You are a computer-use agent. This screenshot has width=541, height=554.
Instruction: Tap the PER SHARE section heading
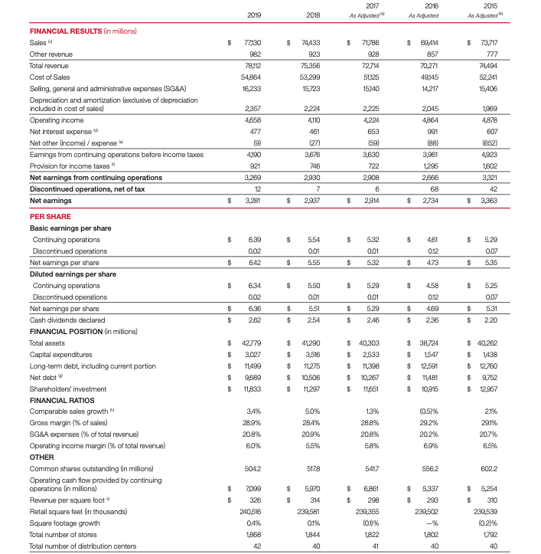51,216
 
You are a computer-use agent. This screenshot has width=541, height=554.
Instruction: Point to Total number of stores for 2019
255,534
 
